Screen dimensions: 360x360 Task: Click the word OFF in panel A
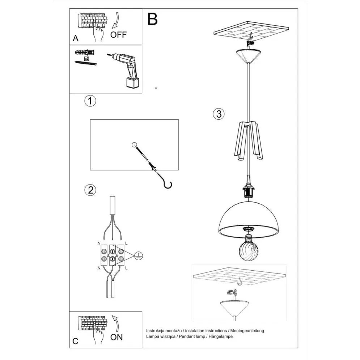[119, 35]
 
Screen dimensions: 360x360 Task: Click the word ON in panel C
[117, 337]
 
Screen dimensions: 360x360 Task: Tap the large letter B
[153, 20]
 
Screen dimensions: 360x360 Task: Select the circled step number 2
[90, 190]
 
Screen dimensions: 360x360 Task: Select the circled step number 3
[218, 114]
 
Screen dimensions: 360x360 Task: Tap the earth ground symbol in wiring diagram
[137, 255]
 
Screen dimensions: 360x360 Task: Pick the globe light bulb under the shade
[249, 248]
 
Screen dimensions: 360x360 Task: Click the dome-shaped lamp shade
[249, 216]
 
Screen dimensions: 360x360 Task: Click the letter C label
[75, 341]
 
